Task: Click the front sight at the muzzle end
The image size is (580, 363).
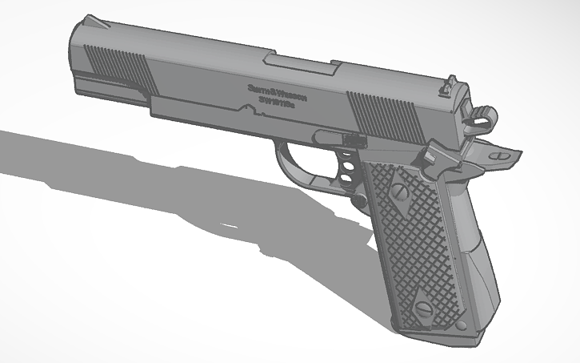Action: coord(94,22)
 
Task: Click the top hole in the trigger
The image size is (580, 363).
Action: coord(348,153)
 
